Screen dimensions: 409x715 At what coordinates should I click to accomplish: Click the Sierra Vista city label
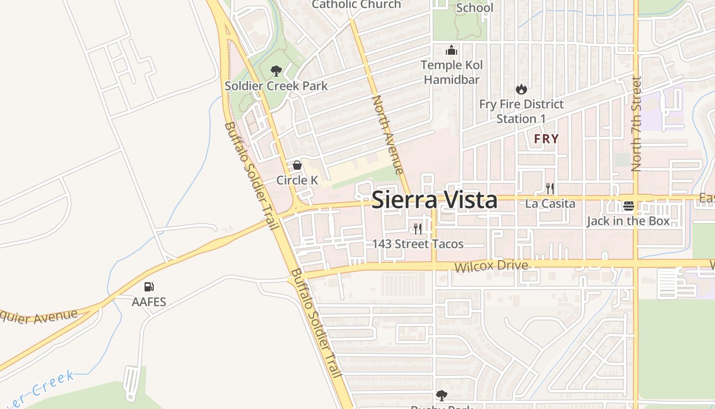(x=434, y=200)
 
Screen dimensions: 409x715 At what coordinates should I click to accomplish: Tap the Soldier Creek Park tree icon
(x=276, y=71)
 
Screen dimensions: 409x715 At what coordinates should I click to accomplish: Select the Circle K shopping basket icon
(x=297, y=165)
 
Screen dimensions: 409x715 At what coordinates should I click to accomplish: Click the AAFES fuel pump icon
(x=149, y=287)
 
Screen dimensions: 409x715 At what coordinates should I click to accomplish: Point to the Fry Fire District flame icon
(x=521, y=89)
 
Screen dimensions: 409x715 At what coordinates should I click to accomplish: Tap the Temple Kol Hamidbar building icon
(x=451, y=51)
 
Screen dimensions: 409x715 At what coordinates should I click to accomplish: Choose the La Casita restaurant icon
(x=550, y=188)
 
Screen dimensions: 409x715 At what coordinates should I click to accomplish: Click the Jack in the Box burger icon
(x=628, y=206)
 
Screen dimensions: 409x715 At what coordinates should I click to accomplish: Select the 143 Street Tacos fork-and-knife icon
(x=418, y=229)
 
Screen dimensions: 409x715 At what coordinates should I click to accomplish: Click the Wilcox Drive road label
(x=491, y=266)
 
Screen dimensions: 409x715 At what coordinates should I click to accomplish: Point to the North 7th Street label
(x=636, y=124)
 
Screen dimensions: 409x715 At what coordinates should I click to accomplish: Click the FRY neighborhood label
(x=546, y=139)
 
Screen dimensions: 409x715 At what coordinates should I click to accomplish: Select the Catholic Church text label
(x=356, y=5)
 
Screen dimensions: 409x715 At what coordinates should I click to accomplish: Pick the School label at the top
(x=474, y=8)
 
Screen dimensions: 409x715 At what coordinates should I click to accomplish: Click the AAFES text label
(x=149, y=302)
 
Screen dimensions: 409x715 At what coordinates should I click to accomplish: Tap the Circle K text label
(x=297, y=180)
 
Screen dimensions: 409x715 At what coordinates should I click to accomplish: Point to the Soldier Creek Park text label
(x=276, y=85)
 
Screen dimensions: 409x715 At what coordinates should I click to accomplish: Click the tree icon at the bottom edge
(x=442, y=395)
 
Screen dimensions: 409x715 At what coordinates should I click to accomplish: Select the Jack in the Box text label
(x=628, y=221)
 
